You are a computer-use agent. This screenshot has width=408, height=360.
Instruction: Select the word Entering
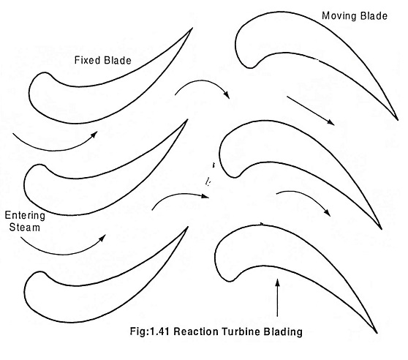25,216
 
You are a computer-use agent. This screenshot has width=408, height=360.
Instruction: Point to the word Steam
25,227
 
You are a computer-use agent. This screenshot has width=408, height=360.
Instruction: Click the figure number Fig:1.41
150,331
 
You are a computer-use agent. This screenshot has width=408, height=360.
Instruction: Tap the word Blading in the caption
283,332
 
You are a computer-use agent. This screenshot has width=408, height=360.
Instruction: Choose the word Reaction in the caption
196,331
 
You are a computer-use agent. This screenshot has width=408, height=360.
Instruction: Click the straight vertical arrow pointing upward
277,298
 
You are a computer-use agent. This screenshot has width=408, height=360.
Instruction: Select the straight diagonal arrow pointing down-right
311,110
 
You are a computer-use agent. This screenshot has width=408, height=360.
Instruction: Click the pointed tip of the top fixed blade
192,28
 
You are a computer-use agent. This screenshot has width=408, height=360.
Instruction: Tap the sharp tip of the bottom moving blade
377,333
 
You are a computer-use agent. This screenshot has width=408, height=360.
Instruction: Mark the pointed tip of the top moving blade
398,120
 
